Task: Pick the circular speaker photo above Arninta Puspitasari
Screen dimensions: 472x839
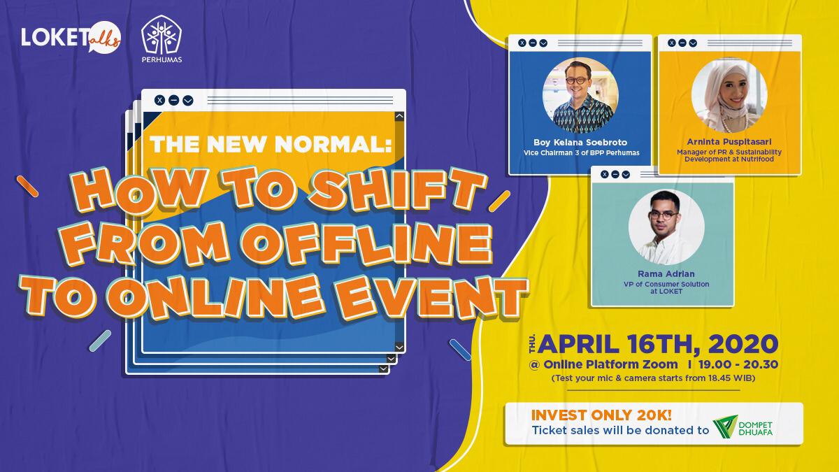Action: click(x=729, y=96)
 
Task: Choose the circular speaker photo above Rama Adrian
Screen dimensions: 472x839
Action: click(x=666, y=227)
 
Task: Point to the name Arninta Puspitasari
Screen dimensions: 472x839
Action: click(x=729, y=142)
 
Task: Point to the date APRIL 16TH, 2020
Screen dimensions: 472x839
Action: click(x=657, y=345)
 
